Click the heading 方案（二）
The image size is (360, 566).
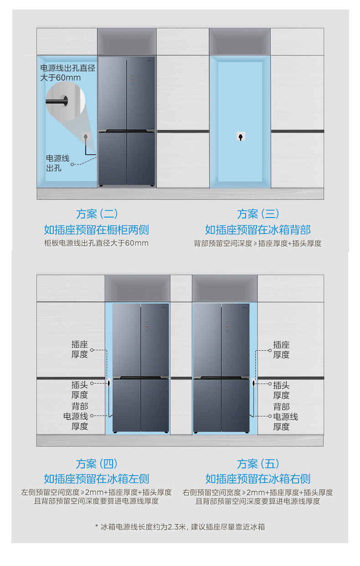tap(97, 214)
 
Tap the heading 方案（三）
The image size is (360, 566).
tap(258, 214)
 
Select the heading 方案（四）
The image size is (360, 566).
tap(97, 464)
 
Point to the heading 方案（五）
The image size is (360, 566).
tap(258, 464)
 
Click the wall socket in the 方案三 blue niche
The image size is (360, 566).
tap(241, 137)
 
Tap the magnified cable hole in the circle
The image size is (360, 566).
tap(64, 101)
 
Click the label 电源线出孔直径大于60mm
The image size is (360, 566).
tap(67, 73)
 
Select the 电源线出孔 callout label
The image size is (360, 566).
tap(57, 163)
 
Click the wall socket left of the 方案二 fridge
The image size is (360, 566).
tap(86, 137)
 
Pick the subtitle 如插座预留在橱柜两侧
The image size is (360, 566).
tap(97, 230)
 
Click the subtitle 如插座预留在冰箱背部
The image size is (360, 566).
tap(258, 230)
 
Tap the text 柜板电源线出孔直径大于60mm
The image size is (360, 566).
tap(97, 243)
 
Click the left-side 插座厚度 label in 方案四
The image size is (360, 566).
tap(80, 349)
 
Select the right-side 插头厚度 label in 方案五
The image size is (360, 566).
tap(281, 390)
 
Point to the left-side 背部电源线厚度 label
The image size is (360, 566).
tap(76, 416)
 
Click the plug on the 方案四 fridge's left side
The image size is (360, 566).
tap(109, 383)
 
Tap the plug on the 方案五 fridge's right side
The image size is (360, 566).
tap(253, 383)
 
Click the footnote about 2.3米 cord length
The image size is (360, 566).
tap(180, 527)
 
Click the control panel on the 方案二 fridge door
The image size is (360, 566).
tap(132, 78)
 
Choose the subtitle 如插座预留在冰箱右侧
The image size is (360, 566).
tap(258, 479)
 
